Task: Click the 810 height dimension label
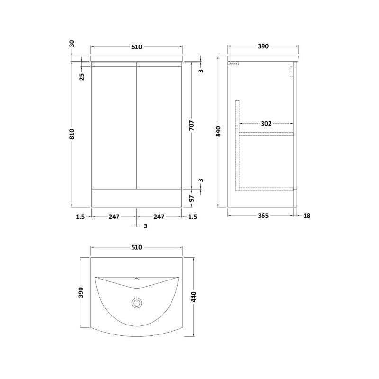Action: point(72,134)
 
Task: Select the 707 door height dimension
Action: point(192,125)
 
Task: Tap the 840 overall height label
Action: point(218,131)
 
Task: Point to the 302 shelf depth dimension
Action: point(266,124)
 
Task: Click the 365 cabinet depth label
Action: point(263,216)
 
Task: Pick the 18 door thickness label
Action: point(307,216)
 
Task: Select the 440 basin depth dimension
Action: point(194,297)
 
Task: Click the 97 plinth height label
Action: point(192,199)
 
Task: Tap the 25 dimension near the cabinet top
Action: point(82,77)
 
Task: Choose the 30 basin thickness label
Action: point(72,44)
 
